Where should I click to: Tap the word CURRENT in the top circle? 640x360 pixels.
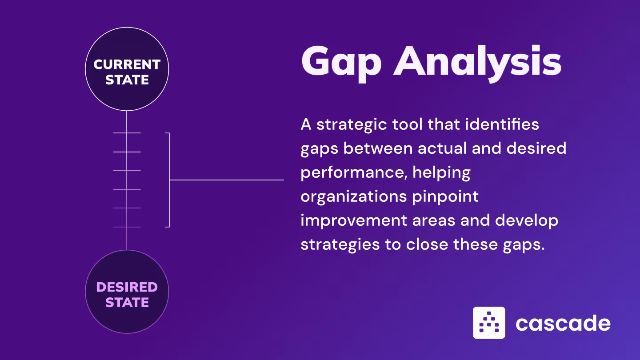coord(127,65)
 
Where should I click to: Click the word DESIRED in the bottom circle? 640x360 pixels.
coord(127,287)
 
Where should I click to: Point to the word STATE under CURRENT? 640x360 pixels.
coord(127,80)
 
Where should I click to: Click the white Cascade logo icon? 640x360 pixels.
coord(489,323)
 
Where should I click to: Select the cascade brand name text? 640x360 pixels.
coord(563,323)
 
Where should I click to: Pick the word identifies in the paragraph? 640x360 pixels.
coord(502,124)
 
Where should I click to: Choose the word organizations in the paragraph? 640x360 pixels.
coord(353,196)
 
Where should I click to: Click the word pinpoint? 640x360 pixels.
coord(445,196)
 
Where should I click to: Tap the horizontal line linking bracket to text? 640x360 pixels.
coord(227,180)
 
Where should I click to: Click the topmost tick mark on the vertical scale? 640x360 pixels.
coord(127,133)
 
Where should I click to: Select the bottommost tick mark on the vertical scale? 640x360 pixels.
coord(127,227)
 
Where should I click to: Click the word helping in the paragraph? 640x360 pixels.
coord(441,172)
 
